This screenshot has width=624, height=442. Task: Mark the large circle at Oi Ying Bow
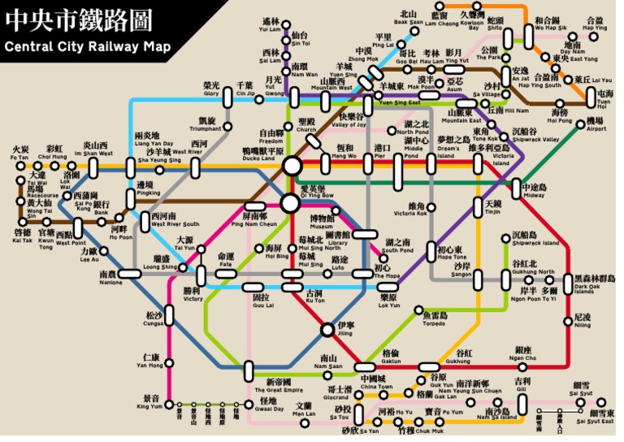coord(291,201)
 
